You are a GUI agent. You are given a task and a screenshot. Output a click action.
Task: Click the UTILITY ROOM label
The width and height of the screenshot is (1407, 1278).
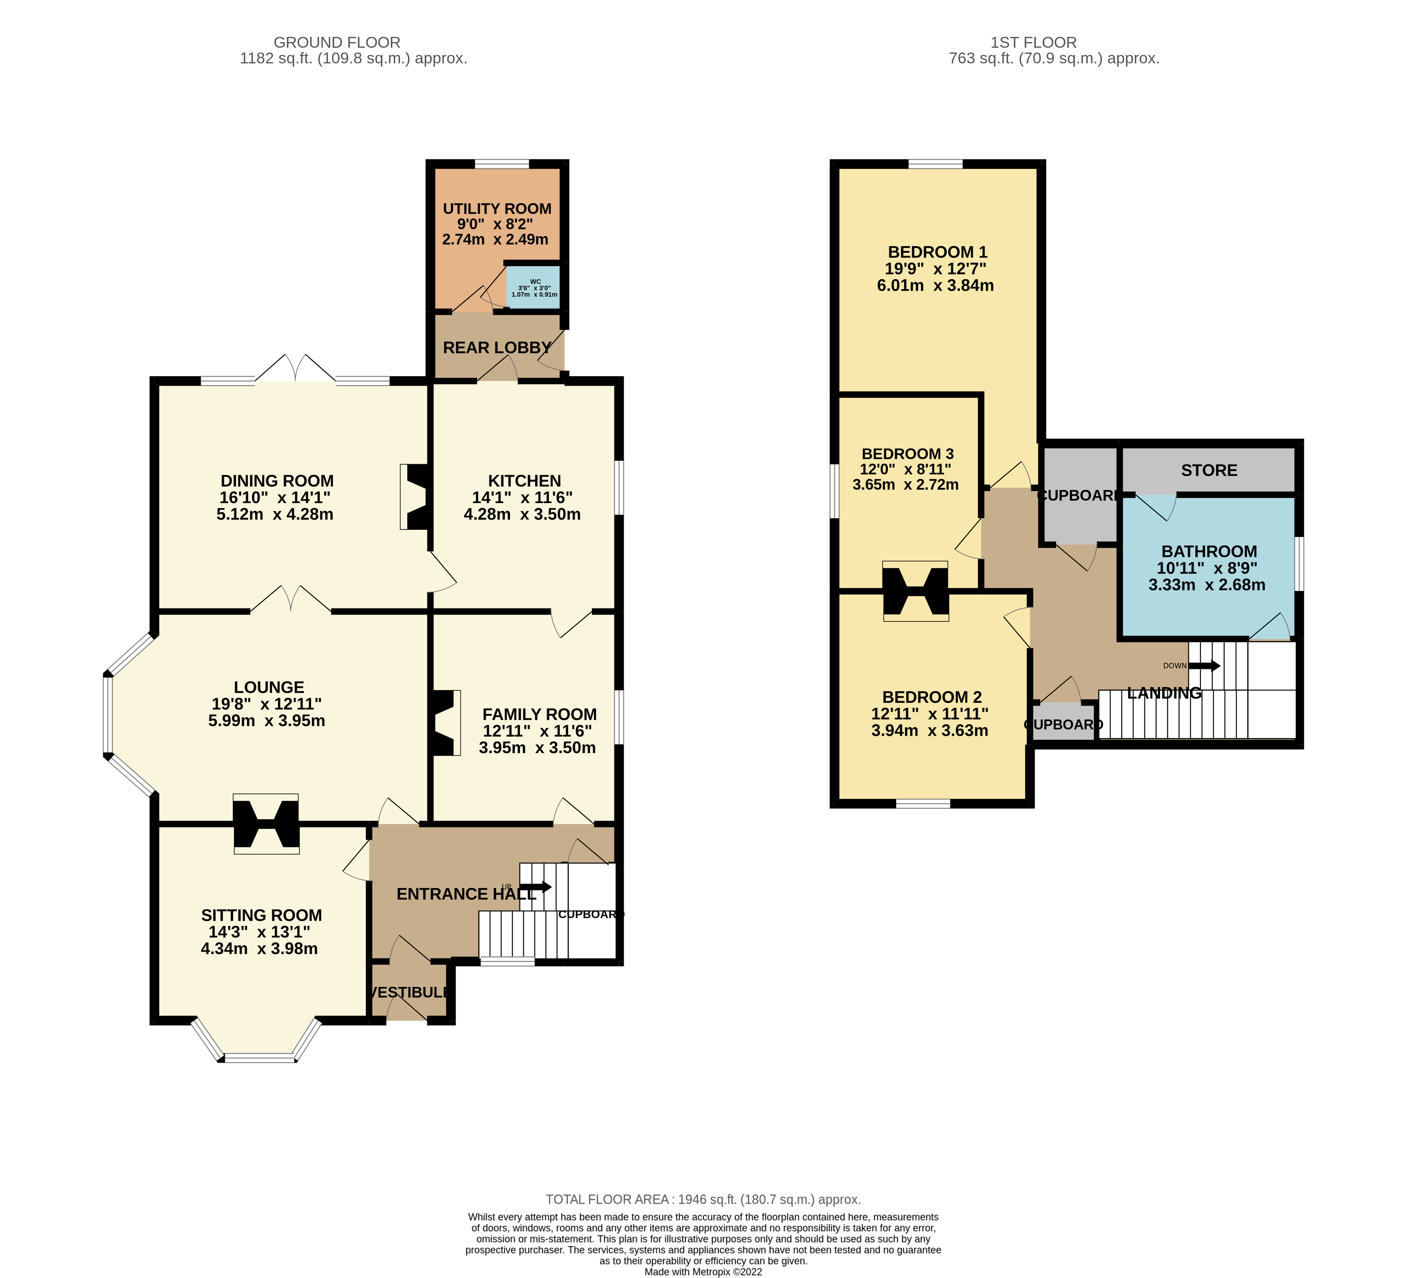[497, 209]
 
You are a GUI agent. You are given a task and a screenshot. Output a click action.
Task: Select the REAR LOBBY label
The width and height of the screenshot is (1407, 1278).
[497, 348]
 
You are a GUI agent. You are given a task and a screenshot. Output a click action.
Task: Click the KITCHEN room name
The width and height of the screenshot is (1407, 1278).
[524, 481]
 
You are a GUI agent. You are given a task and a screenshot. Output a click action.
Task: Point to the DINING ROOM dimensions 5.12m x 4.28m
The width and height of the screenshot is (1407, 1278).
[275, 514]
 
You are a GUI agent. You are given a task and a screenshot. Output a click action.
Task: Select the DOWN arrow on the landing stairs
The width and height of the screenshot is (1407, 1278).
[1204, 666]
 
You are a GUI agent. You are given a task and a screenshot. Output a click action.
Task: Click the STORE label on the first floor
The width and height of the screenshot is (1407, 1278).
[1209, 471]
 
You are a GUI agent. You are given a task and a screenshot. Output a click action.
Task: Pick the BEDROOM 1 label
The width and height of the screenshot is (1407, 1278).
[937, 252]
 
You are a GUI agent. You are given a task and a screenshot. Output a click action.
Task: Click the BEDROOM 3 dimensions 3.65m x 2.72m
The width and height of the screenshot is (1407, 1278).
[905, 485]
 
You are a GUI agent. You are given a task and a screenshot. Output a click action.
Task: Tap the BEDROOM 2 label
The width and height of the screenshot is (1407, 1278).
[932, 697]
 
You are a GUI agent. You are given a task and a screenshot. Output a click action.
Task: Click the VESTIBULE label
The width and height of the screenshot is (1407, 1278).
[409, 992]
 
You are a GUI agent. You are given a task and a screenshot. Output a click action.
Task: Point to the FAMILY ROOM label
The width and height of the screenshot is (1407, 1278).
[540, 715]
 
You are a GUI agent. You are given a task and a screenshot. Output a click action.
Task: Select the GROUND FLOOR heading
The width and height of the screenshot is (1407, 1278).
[337, 43]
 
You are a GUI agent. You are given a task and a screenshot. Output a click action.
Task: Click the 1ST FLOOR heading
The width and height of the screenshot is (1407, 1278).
[1033, 43]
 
